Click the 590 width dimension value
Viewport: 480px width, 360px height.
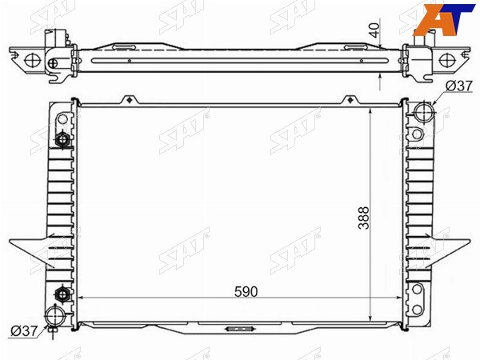(246, 292)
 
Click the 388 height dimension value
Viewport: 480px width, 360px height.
(364, 218)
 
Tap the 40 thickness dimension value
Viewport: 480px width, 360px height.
(375, 30)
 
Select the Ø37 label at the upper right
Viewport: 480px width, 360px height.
(459, 86)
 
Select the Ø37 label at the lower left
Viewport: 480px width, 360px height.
(24, 330)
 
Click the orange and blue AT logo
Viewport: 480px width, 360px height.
(446, 19)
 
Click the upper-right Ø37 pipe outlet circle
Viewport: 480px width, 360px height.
(425, 112)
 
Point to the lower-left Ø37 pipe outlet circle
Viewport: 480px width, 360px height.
(55, 317)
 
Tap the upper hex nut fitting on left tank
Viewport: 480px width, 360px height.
(62, 140)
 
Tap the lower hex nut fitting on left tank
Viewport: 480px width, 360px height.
(62, 294)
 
